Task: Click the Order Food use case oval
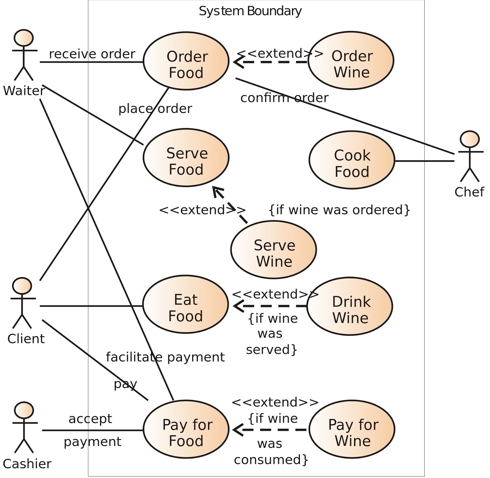186,61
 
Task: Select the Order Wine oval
351,61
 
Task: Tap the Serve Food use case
186,158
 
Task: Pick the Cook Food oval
352,160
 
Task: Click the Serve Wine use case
273,250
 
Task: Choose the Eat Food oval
185,304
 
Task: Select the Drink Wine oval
350,306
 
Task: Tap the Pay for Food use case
186,429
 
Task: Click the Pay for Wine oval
352,429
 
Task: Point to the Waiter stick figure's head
24,38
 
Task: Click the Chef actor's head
469,140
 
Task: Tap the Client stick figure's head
22,286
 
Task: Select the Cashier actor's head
24,410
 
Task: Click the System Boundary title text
250,11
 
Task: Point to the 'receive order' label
92,54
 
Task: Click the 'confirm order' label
284,98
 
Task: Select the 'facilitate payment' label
165,357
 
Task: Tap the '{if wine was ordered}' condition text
339,210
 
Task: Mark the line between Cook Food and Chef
424,161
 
